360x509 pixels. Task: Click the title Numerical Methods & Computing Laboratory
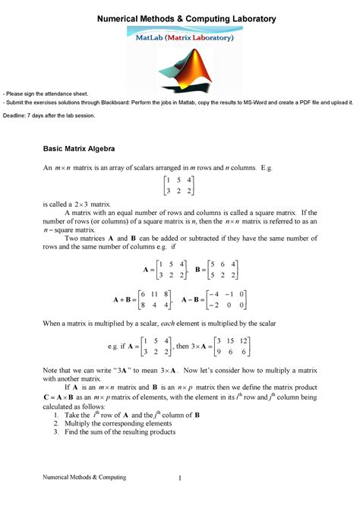tap(181, 17)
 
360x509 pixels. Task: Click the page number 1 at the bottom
tap(180, 477)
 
